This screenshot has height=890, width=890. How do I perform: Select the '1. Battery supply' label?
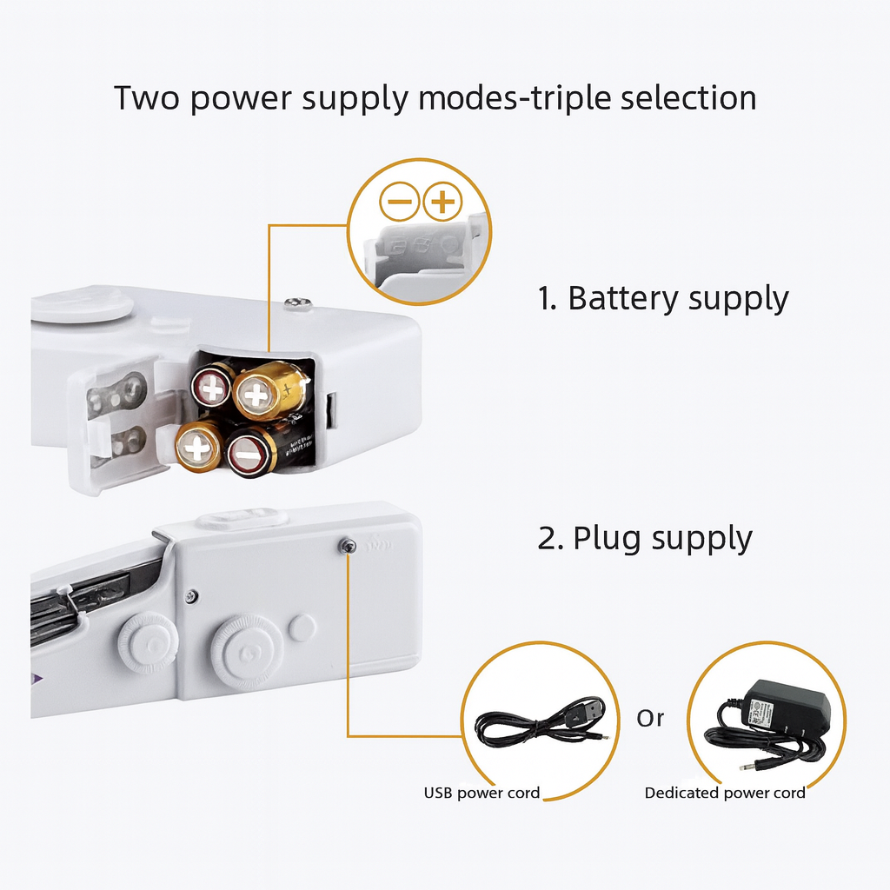click(662, 298)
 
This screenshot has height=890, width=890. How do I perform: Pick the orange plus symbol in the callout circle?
click(442, 203)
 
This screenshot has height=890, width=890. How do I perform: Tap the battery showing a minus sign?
click(250, 453)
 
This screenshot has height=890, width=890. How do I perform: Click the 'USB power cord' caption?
click(482, 793)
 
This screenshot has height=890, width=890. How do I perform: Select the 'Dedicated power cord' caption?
click(725, 793)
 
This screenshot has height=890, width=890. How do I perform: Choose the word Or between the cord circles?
click(650, 719)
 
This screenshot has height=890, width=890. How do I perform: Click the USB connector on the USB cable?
click(590, 710)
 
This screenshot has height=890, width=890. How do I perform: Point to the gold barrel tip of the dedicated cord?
click(747, 767)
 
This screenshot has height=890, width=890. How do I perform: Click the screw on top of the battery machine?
click(298, 302)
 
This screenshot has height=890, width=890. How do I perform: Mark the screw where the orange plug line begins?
click(348, 545)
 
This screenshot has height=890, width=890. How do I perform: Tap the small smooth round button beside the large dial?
click(302, 628)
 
